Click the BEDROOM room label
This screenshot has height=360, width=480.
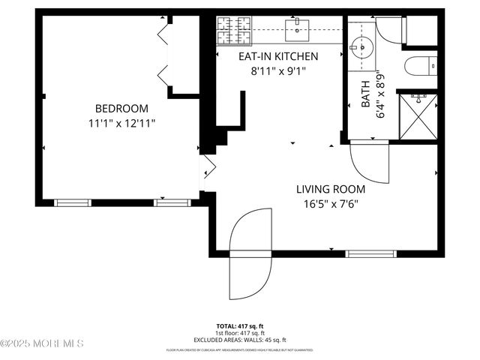click(121, 108)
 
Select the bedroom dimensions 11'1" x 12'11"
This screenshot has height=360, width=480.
click(121, 121)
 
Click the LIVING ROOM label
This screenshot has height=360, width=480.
click(330, 189)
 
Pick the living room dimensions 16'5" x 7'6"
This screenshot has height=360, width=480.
click(330, 203)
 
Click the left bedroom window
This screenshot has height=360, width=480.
click(73, 202)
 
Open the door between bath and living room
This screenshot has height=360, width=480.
click(370, 162)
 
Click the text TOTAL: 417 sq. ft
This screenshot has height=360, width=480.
click(240, 326)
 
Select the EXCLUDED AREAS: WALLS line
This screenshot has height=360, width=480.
click(240, 339)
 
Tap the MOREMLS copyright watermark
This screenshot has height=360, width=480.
click(42, 343)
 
